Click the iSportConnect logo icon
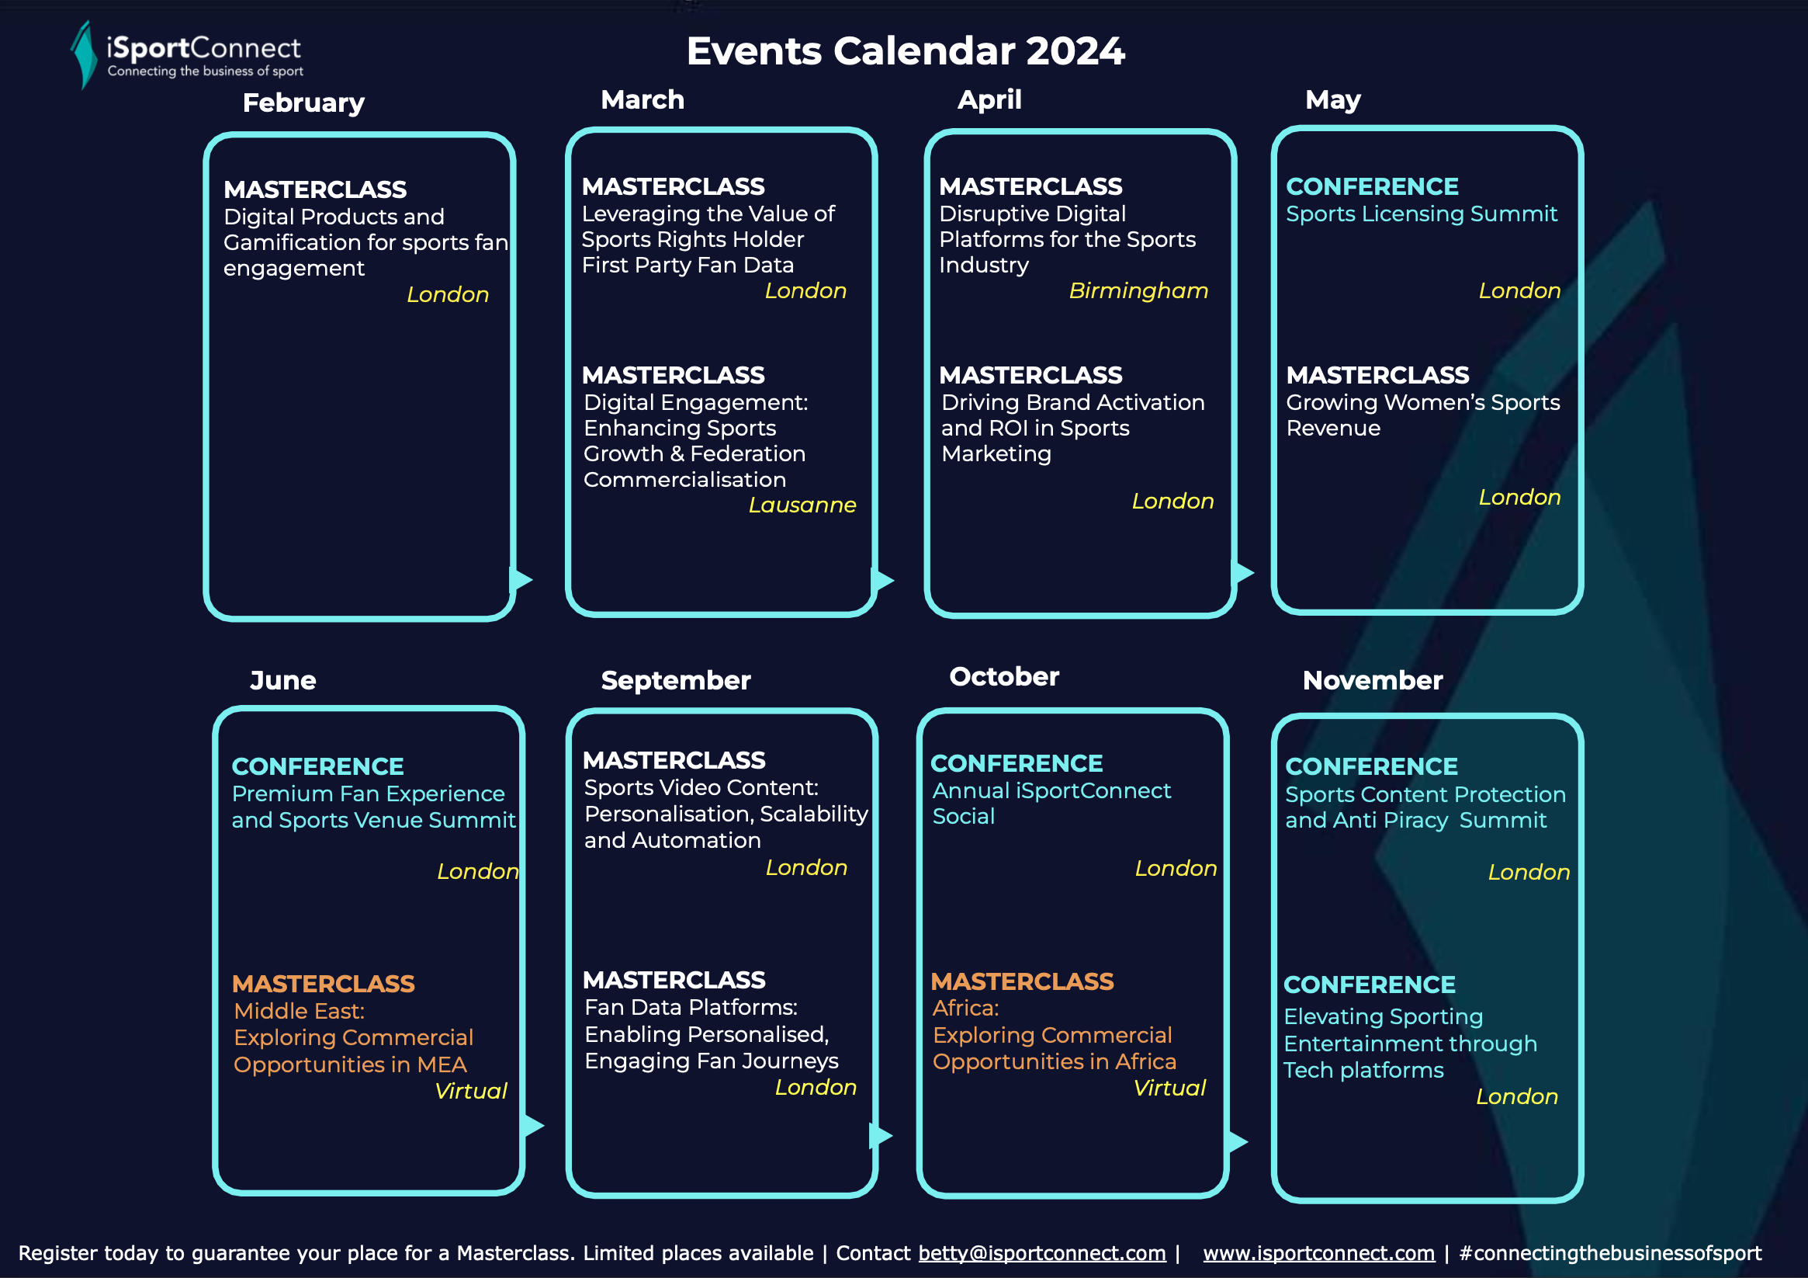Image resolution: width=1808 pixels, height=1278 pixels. coord(84,54)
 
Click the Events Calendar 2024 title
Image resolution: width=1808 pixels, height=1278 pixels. coord(906,51)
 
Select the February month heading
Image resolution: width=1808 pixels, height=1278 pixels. coord(303,103)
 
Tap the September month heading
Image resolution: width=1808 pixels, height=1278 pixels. coord(676,681)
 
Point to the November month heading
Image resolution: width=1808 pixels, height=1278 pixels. coord(1373,680)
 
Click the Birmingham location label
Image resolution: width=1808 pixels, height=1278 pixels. coord(1138,290)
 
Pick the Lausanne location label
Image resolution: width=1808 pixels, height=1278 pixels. coord(802,505)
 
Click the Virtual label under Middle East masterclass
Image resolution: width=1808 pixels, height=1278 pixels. coord(471,1091)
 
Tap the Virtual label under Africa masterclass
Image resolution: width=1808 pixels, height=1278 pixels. coord(1169,1088)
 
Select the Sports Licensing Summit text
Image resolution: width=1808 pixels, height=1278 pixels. coord(1422,214)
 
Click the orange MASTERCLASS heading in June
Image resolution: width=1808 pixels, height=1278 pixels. coord(323,984)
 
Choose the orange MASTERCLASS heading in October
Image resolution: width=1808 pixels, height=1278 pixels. coord(1022,981)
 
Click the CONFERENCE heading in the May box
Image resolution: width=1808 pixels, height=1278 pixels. coord(1372,187)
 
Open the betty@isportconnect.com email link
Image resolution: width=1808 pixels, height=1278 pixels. coord(1042,1254)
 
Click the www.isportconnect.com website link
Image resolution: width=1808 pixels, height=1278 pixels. coord(1319,1254)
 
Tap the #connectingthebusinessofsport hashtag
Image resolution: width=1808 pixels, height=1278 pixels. coord(1610,1254)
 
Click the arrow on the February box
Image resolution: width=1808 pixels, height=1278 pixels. coord(521,580)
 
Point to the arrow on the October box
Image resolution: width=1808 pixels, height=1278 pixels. coord(1237,1141)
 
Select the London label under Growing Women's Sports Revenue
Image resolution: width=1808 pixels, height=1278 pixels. coord(1519,498)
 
